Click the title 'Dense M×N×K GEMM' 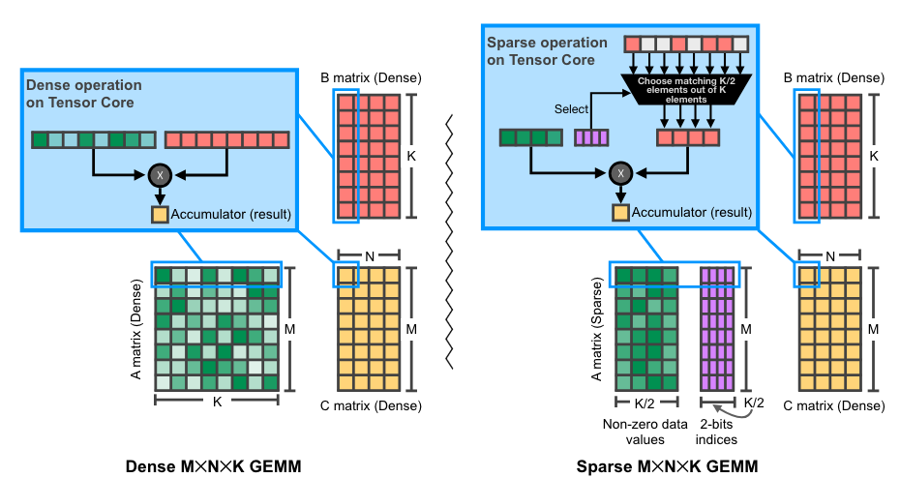point(214,466)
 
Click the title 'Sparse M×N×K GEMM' point(667,466)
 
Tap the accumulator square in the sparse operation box point(619,212)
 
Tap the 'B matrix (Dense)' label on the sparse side point(830,77)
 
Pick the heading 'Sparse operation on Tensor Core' point(547,50)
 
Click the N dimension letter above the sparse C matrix point(828,256)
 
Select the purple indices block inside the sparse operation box point(591,138)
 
